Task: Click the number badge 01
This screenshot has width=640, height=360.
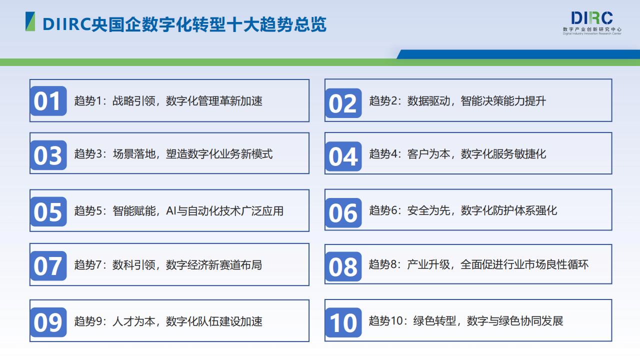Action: click(x=48, y=101)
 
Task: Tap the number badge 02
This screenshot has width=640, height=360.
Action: click(x=343, y=103)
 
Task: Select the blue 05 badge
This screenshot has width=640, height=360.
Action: click(x=48, y=211)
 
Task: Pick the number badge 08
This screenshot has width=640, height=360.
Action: click(x=343, y=266)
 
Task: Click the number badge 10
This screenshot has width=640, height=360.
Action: click(x=343, y=322)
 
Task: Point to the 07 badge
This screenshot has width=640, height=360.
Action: click(x=48, y=265)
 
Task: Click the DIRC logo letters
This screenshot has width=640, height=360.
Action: click(x=591, y=18)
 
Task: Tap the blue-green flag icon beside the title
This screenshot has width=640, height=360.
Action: click(x=30, y=21)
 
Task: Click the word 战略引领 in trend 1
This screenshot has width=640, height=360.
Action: click(x=133, y=101)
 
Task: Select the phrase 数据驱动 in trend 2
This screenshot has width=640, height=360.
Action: click(x=428, y=101)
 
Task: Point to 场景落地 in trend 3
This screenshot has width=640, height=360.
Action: click(x=133, y=154)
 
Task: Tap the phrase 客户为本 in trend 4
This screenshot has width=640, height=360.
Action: click(x=428, y=154)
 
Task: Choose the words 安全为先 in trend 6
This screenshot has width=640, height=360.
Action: click(x=428, y=210)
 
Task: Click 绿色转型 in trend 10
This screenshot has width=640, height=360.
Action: click(x=434, y=321)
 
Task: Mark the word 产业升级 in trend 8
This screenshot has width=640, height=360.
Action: click(x=428, y=264)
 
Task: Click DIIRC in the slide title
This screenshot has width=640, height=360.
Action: click(x=67, y=24)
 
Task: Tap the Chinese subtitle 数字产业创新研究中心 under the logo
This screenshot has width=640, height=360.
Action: click(x=592, y=29)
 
